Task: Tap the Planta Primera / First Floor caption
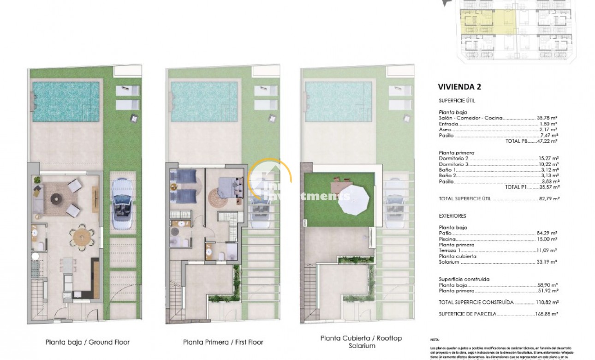pyautogui.click(x=223, y=342)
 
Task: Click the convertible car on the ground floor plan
pyautogui.click(x=123, y=204)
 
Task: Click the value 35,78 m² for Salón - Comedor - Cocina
pyautogui.click(x=547, y=118)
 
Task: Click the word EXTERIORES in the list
pyautogui.click(x=453, y=216)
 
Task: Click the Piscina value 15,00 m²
pyautogui.click(x=547, y=239)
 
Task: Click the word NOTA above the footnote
pyautogui.click(x=435, y=339)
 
